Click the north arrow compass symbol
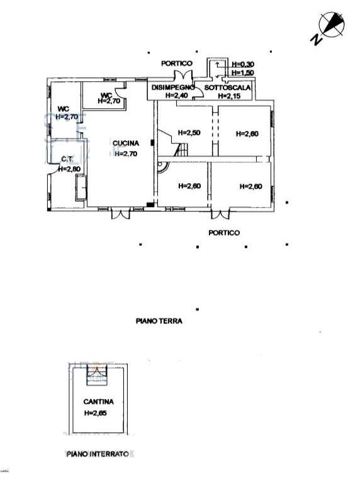(x=330, y=25)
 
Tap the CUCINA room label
(x=126, y=143)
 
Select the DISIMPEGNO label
(x=172, y=87)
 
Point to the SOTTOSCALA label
(x=227, y=87)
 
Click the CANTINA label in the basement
(x=98, y=402)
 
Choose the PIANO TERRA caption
(x=159, y=320)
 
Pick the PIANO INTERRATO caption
(x=98, y=454)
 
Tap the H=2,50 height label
(x=189, y=133)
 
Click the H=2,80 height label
(x=69, y=169)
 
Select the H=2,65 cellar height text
(x=96, y=413)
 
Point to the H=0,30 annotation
(x=243, y=64)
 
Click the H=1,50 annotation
(x=243, y=72)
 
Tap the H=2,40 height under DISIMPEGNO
(x=177, y=96)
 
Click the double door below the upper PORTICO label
(x=183, y=76)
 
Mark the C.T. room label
(x=67, y=159)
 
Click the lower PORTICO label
(x=224, y=233)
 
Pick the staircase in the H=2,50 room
(x=175, y=143)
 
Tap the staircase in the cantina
(x=97, y=376)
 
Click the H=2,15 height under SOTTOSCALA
(x=229, y=96)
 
